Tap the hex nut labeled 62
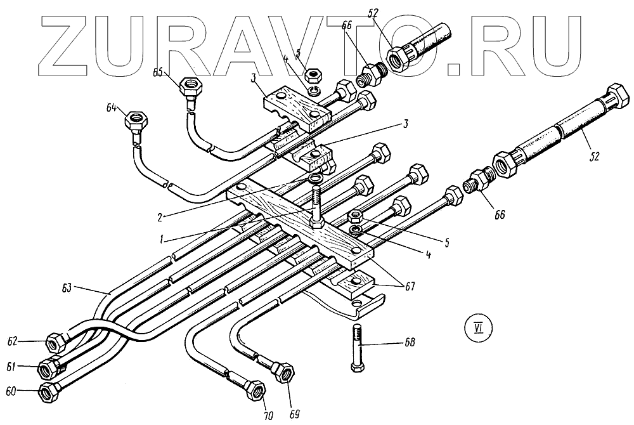pos(55,343)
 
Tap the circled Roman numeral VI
pos(475,328)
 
